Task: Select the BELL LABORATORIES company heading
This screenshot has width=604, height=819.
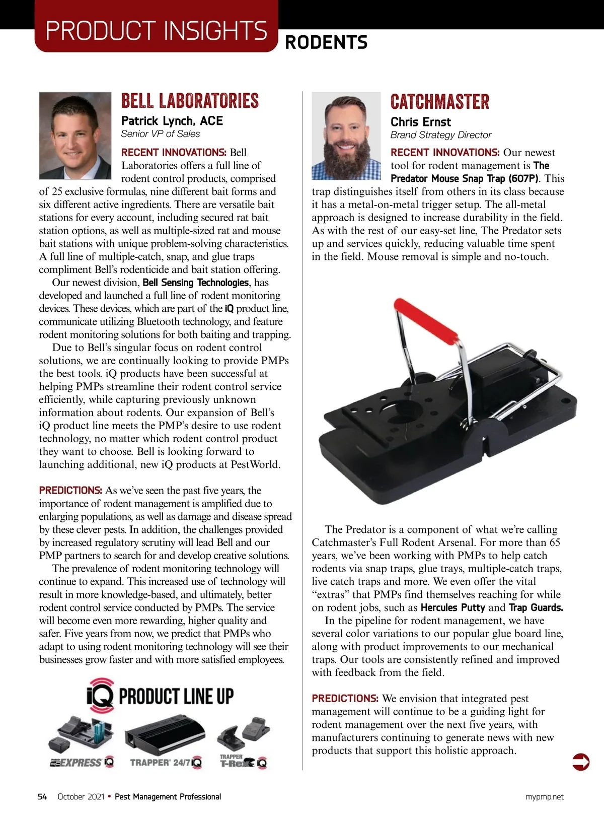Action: click(190, 101)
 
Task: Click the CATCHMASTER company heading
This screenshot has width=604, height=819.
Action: click(439, 102)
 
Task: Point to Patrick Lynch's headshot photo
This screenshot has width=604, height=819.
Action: click(75, 135)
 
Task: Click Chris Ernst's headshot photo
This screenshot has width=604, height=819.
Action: click(346, 135)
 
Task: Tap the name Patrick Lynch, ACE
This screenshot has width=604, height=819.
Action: click(172, 121)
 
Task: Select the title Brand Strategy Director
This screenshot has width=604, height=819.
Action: click(440, 135)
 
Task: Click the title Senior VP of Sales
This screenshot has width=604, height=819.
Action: click(160, 134)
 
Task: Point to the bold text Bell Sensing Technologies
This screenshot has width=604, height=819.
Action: click(196, 283)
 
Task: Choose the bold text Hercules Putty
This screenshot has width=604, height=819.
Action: click(452, 607)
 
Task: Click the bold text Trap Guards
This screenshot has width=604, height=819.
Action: click(536, 607)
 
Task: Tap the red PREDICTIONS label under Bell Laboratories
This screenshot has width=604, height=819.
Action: click(70, 491)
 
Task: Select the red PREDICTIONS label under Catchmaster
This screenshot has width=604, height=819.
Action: click(345, 699)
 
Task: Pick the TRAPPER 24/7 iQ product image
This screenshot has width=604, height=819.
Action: click(165, 735)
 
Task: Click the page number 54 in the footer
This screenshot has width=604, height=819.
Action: click(42, 797)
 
